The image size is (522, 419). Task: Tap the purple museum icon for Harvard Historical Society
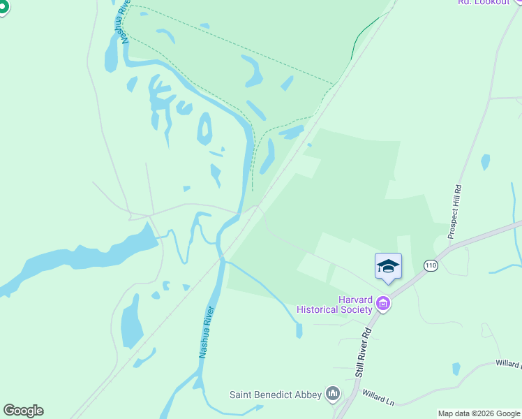pos(382,304)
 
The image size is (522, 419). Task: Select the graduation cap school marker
pos(388,267)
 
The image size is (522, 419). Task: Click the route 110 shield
pos(431,265)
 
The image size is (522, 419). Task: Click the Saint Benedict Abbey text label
pos(276,395)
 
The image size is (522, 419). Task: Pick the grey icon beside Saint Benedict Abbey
pos(334,395)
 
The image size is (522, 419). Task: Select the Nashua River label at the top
pos(125,22)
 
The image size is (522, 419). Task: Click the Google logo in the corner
pos(23,411)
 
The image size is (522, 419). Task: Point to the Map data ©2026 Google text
pos(479,413)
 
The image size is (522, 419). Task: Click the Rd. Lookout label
pos(483,3)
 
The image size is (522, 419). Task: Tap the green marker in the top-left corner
pos(3,6)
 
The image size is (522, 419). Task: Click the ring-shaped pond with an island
pos(204,129)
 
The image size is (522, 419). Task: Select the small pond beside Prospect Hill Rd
pos(485,162)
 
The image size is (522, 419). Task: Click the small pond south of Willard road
pos(456,368)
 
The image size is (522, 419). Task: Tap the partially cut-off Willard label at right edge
pos(508,364)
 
